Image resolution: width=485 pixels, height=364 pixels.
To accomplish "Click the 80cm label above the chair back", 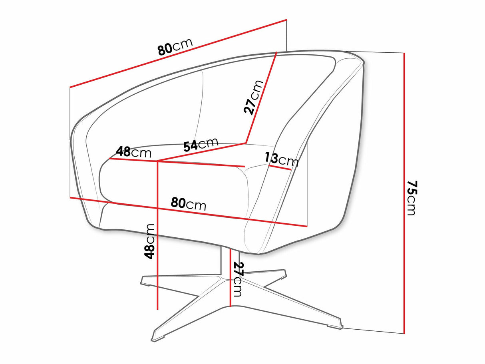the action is click(x=175, y=47).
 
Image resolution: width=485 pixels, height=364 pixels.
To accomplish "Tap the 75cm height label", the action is click(x=411, y=198).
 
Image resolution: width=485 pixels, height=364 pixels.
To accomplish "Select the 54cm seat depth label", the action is click(x=201, y=145).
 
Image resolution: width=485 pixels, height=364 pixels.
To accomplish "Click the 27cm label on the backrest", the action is click(x=253, y=97).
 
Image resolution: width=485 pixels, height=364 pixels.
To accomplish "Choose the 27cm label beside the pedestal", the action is click(x=238, y=279).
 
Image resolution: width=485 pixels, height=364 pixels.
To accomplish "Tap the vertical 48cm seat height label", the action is click(x=149, y=241).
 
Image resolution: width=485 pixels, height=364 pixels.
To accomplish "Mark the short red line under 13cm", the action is click(x=280, y=167).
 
